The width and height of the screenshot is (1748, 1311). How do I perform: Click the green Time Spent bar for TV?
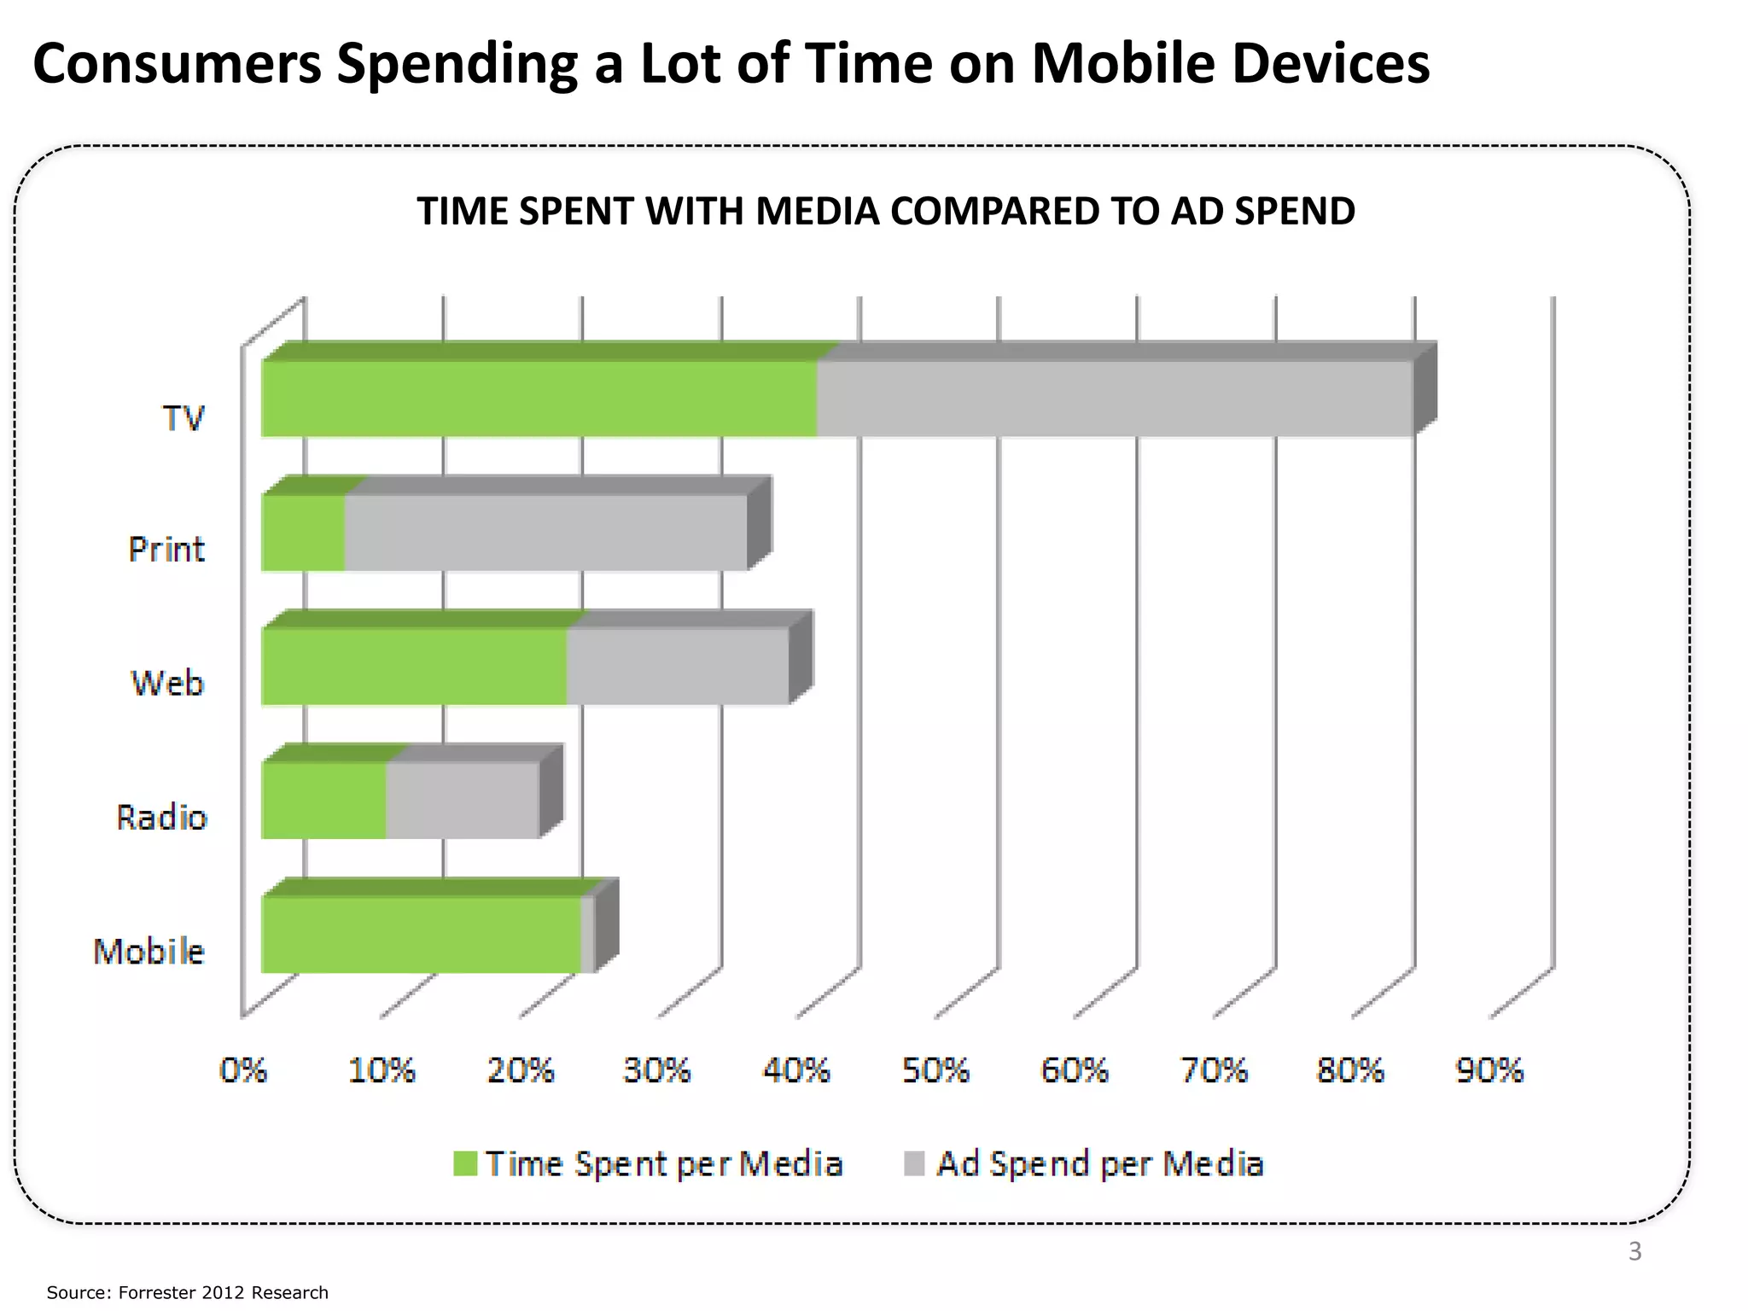point(538,399)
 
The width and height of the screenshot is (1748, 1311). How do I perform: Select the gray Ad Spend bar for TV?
point(1114,399)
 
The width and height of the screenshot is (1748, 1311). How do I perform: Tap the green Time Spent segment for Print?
point(303,533)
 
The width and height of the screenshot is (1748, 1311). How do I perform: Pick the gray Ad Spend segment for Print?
point(546,533)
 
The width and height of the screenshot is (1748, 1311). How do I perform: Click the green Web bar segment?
point(414,667)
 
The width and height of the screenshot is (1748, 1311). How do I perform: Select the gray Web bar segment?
point(677,667)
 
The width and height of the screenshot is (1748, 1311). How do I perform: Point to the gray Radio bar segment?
point(462,801)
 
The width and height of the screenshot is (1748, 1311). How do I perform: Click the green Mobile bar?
point(420,935)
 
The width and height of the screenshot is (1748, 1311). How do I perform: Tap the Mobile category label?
point(149,951)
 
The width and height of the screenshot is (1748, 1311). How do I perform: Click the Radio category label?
point(162,817)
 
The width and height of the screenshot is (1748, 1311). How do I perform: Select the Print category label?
point(166,549)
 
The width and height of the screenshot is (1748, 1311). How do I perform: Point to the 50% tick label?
point(935,1069)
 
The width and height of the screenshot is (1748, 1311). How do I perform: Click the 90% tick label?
point(1489,1069)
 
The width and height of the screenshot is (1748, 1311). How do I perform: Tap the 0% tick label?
point(243,1069)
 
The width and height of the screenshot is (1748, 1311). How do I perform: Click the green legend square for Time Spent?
point(465,1163)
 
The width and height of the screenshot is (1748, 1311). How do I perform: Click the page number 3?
point(1634,1251)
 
